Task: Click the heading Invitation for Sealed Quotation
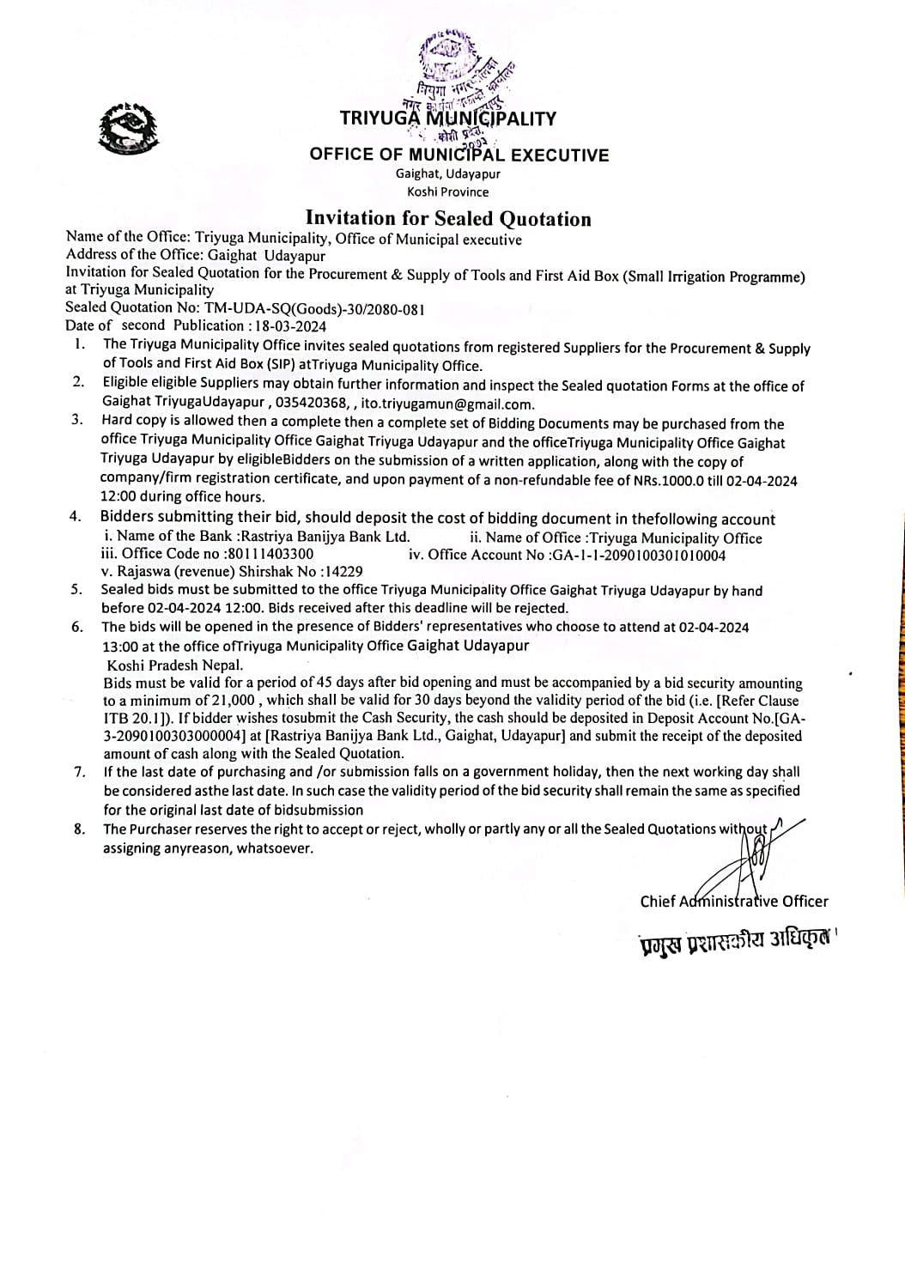coord(448,219)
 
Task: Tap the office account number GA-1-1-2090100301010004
coord(637,555)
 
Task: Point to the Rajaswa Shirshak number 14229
coord(343,571)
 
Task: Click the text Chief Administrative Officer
coord(734,901)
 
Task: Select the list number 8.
coord(80,829)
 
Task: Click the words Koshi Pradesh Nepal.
coord(175,665)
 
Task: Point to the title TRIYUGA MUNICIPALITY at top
coord(448,118)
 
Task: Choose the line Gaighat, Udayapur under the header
coord(448,173)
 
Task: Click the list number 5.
coord(77,590)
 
